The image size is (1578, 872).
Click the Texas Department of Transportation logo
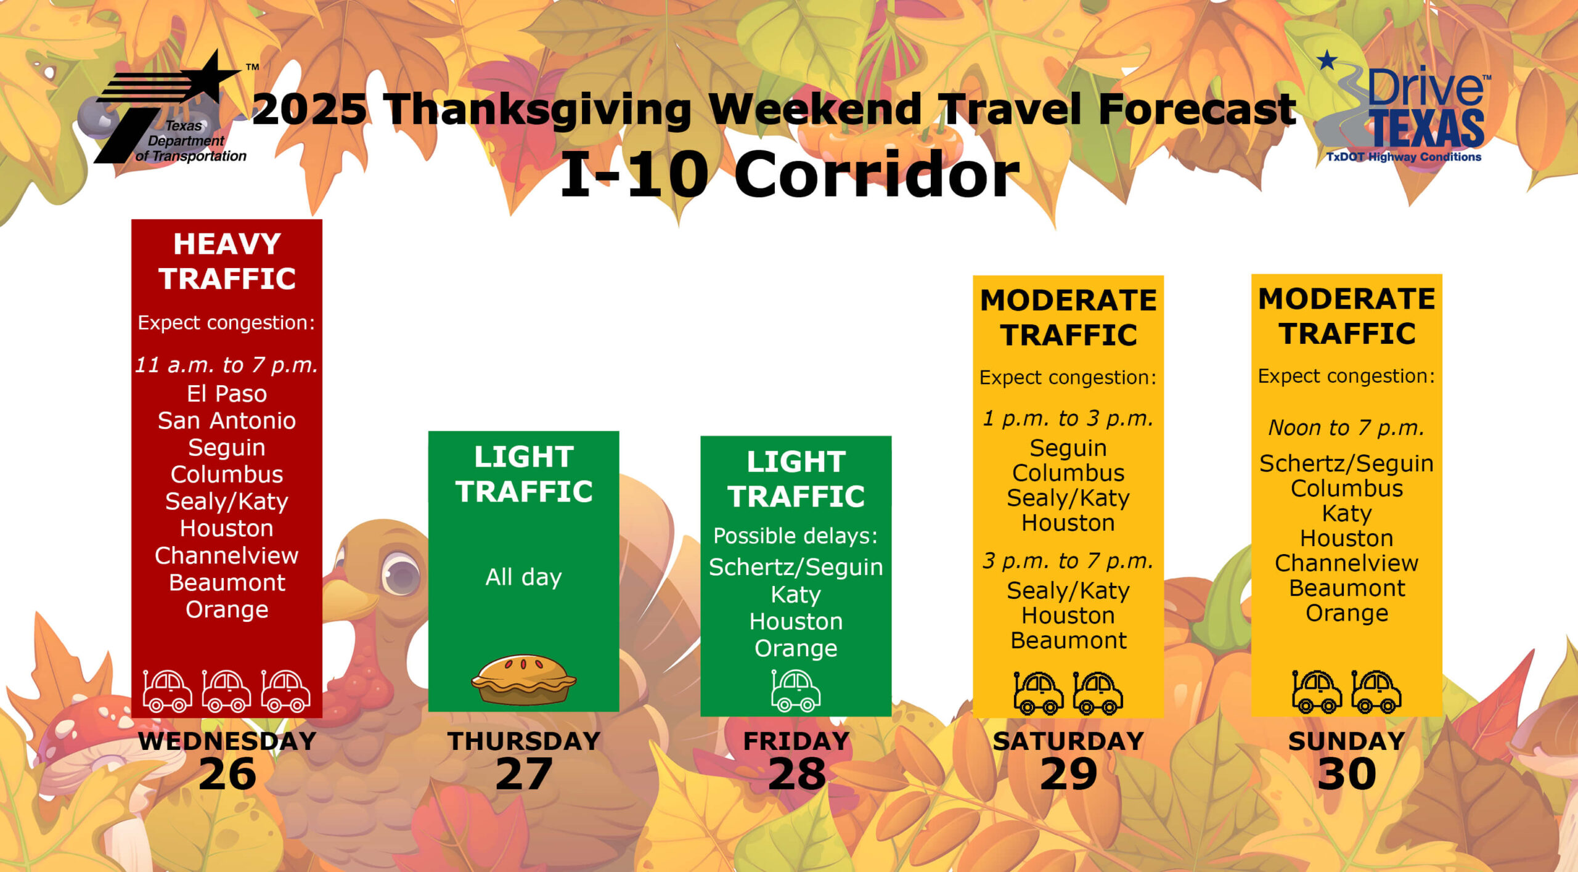point(170,110)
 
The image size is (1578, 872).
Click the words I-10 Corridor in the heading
point(790,174)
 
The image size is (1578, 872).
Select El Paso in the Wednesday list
point(227,393)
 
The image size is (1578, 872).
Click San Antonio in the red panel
point(227,420)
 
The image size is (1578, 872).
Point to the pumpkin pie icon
point(524,679)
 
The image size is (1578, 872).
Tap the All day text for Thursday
point(524,577)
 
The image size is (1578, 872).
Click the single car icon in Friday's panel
point(796,691)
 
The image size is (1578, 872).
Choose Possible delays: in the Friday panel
point(796,536)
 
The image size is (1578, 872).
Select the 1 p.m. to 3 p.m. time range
point(1068,418)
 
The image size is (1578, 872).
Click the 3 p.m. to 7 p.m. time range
point(1068,561)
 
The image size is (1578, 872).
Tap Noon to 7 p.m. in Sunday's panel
point(1347,427)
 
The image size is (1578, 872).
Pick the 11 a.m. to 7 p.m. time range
point(227,365)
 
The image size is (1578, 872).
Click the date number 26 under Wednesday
point(227,774)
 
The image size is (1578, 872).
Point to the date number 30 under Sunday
point(1347,774)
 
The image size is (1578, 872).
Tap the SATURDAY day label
point(1068,741)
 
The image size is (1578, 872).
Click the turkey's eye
point(401,573)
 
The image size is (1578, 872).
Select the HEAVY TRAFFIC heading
point(227,261)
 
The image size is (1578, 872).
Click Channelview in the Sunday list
point(1347,563)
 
